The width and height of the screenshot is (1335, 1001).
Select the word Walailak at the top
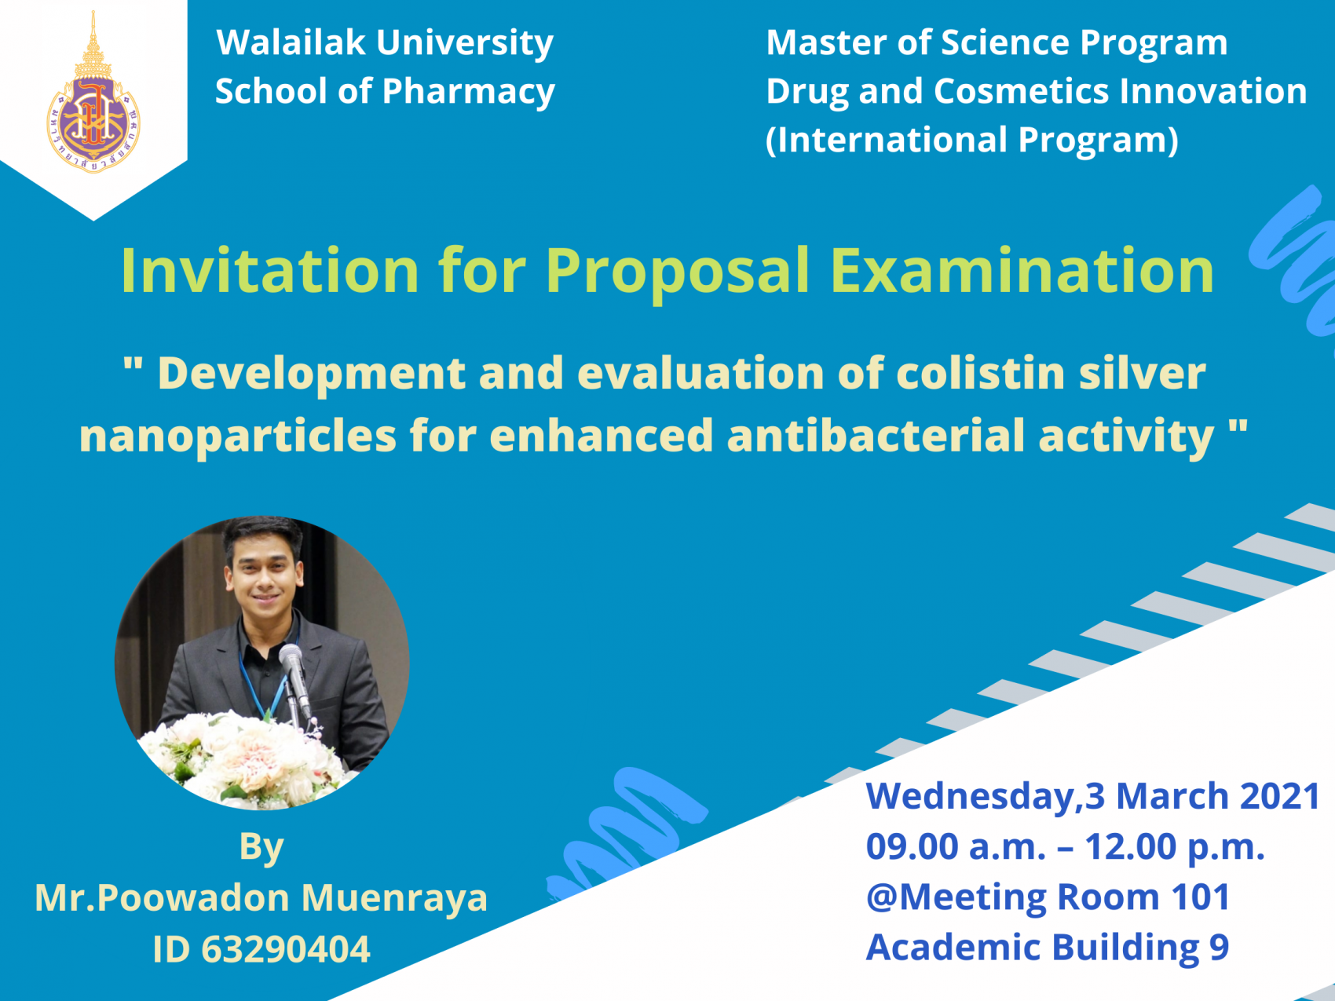[291, 42]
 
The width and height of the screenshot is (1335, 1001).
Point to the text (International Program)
[972, 141]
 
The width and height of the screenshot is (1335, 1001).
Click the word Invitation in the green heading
[270, 270]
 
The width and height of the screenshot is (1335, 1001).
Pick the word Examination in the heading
[1022, 270]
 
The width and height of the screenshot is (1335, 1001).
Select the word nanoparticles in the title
[238, 437]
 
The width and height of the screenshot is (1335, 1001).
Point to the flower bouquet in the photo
[243, 758]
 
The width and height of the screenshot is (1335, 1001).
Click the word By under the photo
[262, 848]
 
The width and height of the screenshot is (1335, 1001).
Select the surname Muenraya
[394, 898]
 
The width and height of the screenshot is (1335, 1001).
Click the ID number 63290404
[286, 949]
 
